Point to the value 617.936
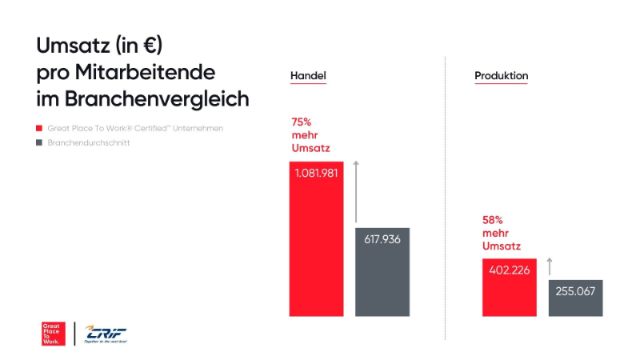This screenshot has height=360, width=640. click(382, 239)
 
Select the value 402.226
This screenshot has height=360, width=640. click(509, 270)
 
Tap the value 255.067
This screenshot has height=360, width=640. click(574, 290)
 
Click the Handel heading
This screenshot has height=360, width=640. click(308, 76)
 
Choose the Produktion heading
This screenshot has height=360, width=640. click(501, 76)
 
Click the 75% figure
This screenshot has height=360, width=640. click(301, 122)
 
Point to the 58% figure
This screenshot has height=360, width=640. click(493, 219)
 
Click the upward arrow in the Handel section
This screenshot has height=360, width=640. click(356, 192)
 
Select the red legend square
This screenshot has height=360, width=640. click(38, 128)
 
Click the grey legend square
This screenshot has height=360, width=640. click(38, 143)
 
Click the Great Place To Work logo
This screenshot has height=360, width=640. click(53, 333)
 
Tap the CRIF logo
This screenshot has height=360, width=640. click(106, 334)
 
